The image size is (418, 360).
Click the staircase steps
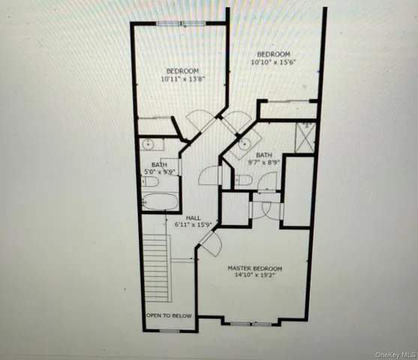pyautogui.click(x=158, y=266)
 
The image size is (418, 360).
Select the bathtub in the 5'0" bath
pyautogui.click(x=160, y=202)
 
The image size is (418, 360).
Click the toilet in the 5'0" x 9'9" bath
pyautogui.click(x=150, y=181)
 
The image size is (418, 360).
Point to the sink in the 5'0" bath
pyautogui.click(x=148, y=143)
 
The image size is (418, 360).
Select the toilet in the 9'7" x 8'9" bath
pyautogui.click(x=245, y=180)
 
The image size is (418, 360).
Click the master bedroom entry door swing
pyautogui.click(x=209, y=244)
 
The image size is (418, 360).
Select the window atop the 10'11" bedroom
pyautogui.click(x=181, y=24)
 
